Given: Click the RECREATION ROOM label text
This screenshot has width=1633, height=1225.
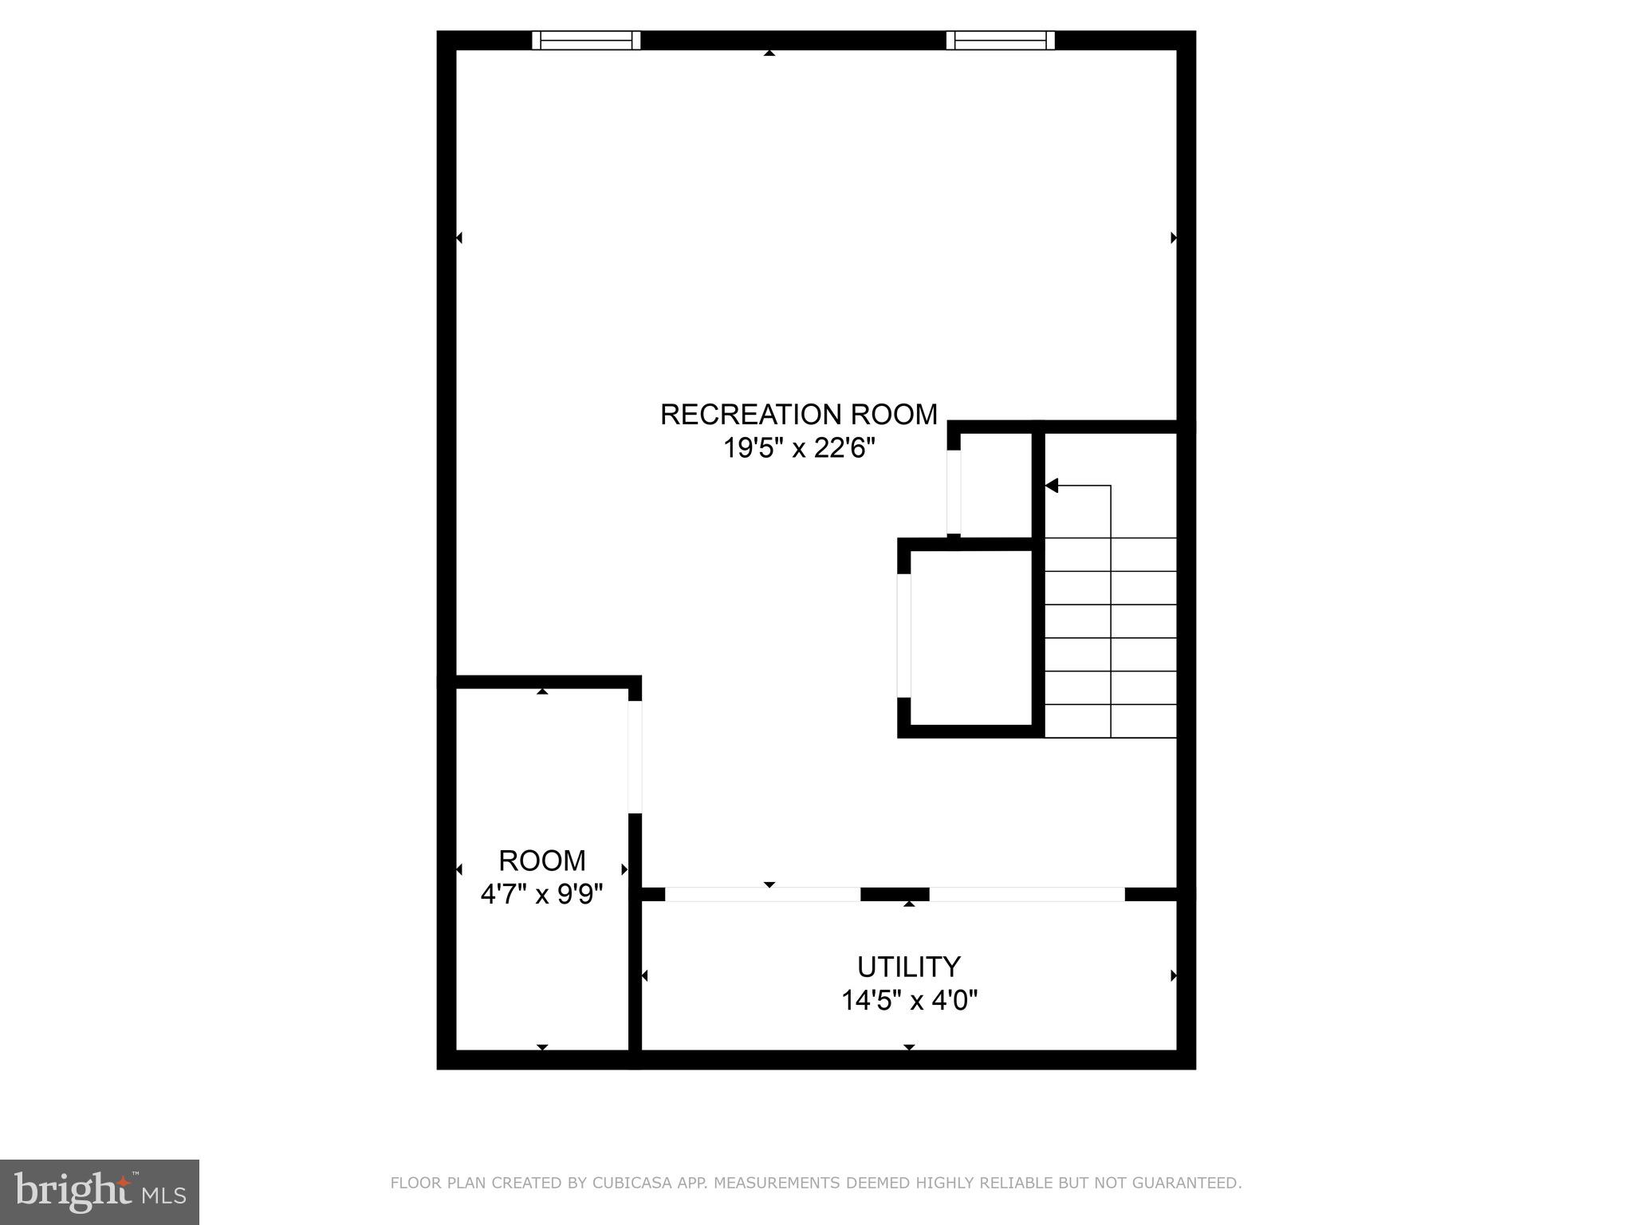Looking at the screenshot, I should (x=798, y=415).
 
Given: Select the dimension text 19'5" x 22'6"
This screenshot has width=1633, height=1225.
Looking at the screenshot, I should (x=798, y=449).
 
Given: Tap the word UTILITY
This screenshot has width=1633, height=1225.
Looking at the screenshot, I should (x=908, y=967).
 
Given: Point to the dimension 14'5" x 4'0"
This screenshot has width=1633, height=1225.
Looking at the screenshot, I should (x=909, y=1000).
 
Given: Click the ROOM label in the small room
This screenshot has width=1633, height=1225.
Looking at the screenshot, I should (x=541, y=861).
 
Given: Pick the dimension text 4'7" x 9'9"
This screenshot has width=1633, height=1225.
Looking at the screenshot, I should (x=541, y=894).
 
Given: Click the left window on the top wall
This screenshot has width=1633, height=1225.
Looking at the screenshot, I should (x=586, y=40).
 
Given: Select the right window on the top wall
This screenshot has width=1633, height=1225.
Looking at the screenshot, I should (x=1000, y=40).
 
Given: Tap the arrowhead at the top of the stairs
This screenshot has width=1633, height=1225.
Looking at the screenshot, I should (x=1052, y=485).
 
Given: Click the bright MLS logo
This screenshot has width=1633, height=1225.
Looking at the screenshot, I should (x=100, y=1192).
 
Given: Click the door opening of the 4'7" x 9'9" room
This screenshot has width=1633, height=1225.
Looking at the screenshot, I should (x=635, y=757).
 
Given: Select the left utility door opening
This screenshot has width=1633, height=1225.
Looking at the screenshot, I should (x=762, y=894).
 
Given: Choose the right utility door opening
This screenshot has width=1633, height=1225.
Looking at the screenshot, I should (x=1027, y=894).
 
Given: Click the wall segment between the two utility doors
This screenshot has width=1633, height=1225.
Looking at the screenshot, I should (x=895, y=894).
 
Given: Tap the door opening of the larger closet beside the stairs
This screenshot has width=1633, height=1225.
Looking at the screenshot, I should (x=903, y=635).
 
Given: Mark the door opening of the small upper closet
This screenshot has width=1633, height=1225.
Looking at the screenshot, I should (x=954, y=492).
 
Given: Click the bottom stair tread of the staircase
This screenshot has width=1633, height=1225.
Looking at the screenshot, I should (x=1111, y=721).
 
